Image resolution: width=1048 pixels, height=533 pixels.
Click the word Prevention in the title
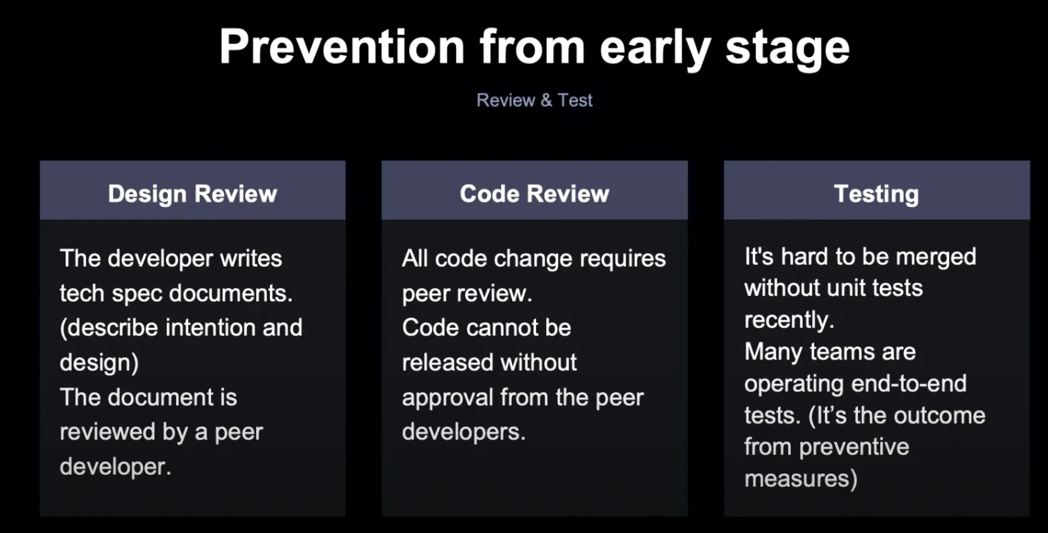tap(342, 47)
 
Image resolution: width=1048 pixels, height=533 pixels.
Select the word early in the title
tap(656, 49)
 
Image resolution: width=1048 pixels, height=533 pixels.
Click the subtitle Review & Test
tap(534, 100)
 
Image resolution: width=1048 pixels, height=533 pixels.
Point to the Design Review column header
tap(193, 194)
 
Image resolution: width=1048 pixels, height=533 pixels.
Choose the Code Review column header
tap(534, 194)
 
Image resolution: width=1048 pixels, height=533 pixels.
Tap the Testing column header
tap(876, 194)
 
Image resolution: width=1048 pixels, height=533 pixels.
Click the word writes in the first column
tap(251, 258)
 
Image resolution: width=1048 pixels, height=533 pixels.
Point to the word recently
tap(789, 321)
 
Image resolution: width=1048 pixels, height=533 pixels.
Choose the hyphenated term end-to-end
tap(909, 384)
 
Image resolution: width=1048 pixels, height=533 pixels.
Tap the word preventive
tap(855, 448)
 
